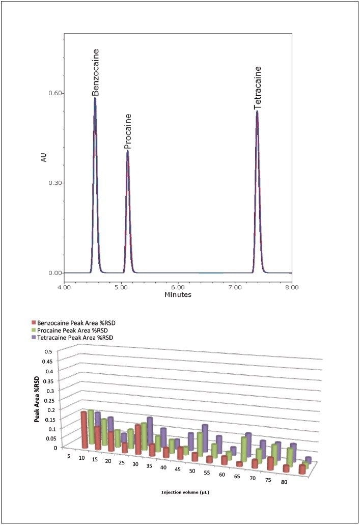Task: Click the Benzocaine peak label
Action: (x=95, y=72)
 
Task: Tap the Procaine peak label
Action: (x=128, y=131)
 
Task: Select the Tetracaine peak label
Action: (x=258, y=88)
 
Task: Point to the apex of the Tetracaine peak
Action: (x=257, y=112)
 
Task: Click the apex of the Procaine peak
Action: (x=128, y=151)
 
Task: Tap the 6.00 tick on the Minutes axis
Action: (x=178, y=287)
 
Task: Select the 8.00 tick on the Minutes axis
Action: (x=291, y=287)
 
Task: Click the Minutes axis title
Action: (x=178, y=295)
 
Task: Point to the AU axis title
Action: (x=44, y=158)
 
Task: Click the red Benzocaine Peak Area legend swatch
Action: (x=34, y=323)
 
